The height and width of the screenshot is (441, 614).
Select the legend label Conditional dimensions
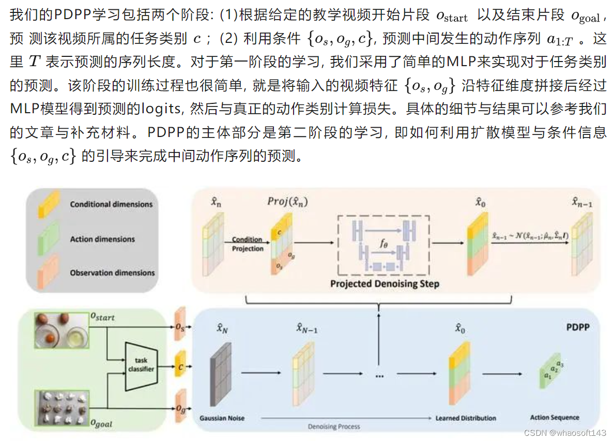click(111, 204)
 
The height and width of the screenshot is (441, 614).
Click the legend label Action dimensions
click(102, 239)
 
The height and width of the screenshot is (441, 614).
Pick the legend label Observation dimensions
click(112, 272)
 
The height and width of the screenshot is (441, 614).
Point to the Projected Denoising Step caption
click(385, 283)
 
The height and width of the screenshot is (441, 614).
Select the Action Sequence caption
click(555, 417)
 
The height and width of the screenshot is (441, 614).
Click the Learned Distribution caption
click(466, 418)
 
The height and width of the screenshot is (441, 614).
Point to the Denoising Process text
click(334, 427)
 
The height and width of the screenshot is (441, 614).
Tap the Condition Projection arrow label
click(247, 244)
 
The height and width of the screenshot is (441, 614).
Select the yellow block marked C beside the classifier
click(180, 365)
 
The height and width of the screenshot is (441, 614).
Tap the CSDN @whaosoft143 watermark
click(564, 432)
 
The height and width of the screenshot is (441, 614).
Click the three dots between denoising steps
click(379, 376)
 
